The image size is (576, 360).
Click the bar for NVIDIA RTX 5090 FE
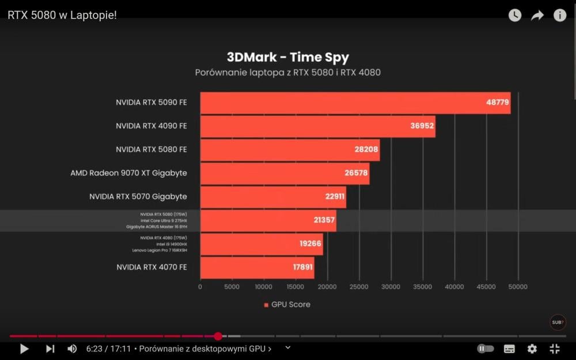355,103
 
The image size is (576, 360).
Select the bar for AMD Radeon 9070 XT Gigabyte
285,173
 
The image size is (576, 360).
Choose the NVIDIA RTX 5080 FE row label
151,149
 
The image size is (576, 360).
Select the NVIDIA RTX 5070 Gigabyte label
138,196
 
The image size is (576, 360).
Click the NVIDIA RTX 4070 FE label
151,267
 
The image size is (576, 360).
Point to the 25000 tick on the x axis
359,286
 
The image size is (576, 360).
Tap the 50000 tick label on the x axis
518,286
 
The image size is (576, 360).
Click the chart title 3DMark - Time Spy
287,57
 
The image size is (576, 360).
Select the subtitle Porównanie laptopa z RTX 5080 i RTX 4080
287,73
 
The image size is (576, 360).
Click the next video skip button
50,348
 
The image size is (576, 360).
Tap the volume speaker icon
72,348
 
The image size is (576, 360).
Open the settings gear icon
532,348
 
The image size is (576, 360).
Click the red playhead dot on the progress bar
218,336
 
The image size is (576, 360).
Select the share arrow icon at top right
537,16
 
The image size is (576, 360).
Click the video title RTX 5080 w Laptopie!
62,15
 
